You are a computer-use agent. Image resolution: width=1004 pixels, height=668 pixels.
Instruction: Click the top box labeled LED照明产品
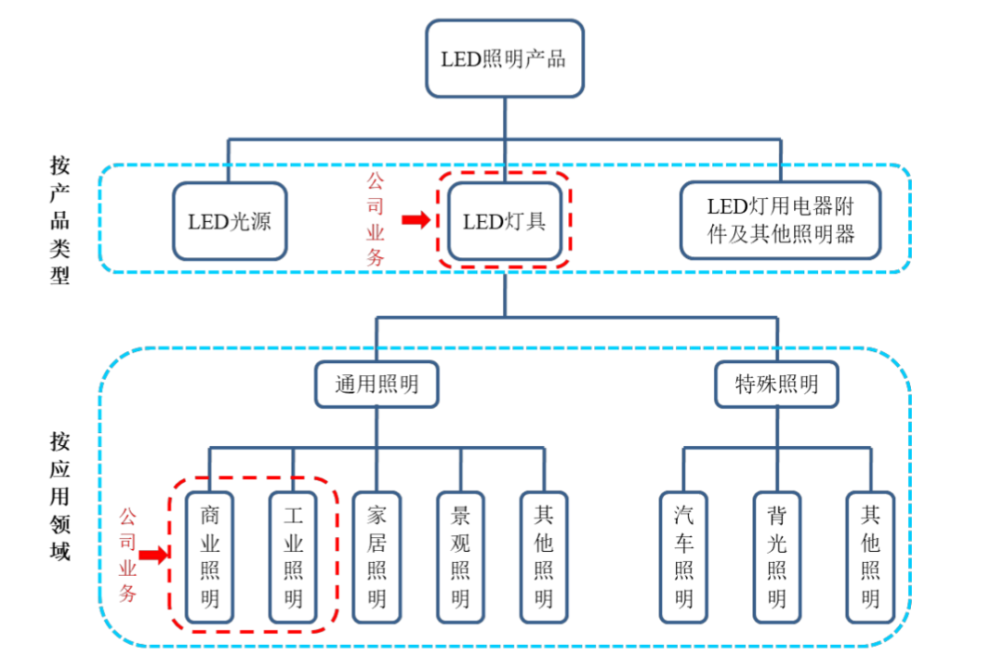pos(505,58)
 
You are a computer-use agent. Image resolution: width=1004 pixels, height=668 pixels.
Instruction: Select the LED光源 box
pos(230,221)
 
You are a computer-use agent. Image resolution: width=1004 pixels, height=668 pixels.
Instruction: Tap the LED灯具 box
pos(505,221)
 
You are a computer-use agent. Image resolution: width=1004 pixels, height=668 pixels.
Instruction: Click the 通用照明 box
pos(376,384)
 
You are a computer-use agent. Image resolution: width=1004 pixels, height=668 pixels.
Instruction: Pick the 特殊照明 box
pos(776,384)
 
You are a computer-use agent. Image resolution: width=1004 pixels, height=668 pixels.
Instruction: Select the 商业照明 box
pos(210,557)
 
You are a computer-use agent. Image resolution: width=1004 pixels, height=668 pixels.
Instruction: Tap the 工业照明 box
pos(293,557)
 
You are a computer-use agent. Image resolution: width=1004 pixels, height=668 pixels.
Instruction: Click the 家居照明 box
pos(376,557)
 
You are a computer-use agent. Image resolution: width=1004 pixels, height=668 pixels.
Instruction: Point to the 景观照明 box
pos(460,557)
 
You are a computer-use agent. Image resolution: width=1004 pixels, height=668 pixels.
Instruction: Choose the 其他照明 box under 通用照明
pos(544,557)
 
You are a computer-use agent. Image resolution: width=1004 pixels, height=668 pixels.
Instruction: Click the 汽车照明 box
pos(684,557)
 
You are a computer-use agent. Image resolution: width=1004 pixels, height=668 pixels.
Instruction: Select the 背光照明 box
pos(777,557)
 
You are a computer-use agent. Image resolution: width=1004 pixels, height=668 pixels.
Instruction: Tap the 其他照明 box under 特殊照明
pos(870,557)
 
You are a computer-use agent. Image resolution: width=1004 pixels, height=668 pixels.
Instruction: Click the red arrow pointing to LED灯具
pos(416,220)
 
